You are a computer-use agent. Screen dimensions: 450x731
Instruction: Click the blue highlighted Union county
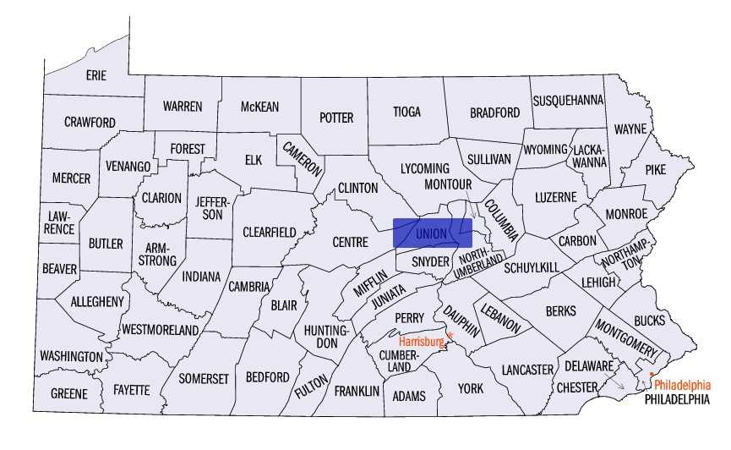pos(432,233)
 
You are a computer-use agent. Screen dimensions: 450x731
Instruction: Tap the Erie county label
pos(96,75)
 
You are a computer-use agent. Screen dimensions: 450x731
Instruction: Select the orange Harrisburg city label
pos(421,342)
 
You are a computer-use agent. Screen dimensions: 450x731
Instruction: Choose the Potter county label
pos(335,118)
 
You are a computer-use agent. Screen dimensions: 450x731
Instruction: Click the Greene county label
pos(68,394)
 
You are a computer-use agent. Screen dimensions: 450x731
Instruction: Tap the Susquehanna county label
pos(568,100)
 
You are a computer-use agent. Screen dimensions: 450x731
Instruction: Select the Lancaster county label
pos(527,370)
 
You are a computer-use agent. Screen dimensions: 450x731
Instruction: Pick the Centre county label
pos(350,242)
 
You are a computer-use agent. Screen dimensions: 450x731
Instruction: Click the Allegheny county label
pos(97,301)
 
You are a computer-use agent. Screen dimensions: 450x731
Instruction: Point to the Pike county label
pos(656,169)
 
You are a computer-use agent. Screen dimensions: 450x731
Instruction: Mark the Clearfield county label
pos(270,232)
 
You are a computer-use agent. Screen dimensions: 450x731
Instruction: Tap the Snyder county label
pos(430,261)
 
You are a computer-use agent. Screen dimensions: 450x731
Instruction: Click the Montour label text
pos(447,184)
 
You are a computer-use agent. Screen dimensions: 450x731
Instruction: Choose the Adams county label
pos(409,395)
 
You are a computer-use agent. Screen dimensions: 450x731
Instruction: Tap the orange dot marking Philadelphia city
pos(652,374)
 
